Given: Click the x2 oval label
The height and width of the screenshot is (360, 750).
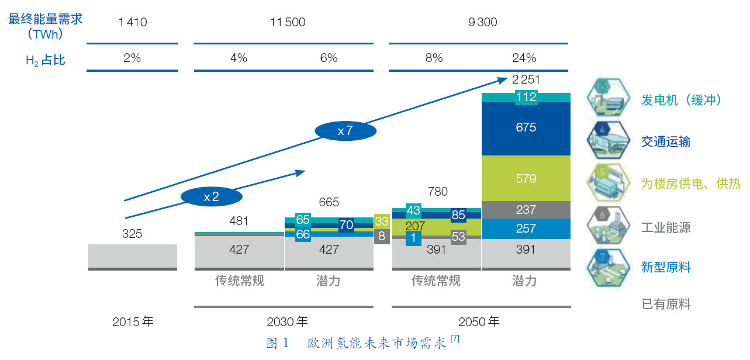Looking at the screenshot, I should coord(211,197).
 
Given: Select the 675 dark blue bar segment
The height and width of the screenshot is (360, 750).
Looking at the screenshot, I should coord(526,127).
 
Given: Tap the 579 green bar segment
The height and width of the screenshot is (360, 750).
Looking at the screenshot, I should coord(526,178).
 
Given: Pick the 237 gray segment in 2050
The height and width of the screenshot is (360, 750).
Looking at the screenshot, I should coord(526,210).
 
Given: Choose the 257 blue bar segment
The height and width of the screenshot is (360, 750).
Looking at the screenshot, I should coord(526,229).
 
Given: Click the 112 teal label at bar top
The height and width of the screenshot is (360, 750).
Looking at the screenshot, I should coord(526,97).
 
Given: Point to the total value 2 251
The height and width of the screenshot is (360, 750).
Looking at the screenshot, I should coord(526,80).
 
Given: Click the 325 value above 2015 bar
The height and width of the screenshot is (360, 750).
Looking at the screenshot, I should coord(132,234).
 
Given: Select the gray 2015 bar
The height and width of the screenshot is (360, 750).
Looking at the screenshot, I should coord(133,256).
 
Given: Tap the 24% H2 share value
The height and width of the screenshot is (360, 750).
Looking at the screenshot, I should coord(524,58).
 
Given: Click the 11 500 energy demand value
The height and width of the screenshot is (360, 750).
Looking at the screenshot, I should coord(288,23).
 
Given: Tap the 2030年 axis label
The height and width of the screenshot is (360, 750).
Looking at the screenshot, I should coord(287,321).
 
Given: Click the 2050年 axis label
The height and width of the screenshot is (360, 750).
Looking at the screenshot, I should coord(479,321).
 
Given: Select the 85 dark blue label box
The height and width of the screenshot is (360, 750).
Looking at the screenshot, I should coord(458,215).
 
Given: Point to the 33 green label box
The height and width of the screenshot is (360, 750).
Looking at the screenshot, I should coord(382,221).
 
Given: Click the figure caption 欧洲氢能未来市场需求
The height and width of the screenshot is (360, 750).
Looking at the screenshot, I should coord(376,344).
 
